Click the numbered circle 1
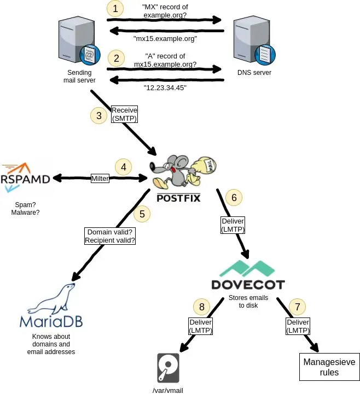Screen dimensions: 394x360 pos(115,8)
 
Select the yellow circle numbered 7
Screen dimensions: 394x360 pos(298,307)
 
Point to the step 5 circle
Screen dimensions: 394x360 pos(142,214)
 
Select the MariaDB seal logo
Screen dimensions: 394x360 pos(51,305)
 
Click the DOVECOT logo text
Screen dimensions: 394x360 pos(248,285)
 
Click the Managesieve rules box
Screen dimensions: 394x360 pos(329,367)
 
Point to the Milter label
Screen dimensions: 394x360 pos(100,178)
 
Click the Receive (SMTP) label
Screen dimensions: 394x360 pos(124,114)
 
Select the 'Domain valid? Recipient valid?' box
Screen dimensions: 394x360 pos(110,236)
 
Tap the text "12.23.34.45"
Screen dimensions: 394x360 pos(165,87)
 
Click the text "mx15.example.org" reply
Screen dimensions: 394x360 pos(165,39)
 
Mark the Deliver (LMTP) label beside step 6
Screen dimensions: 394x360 pos(233,225)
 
